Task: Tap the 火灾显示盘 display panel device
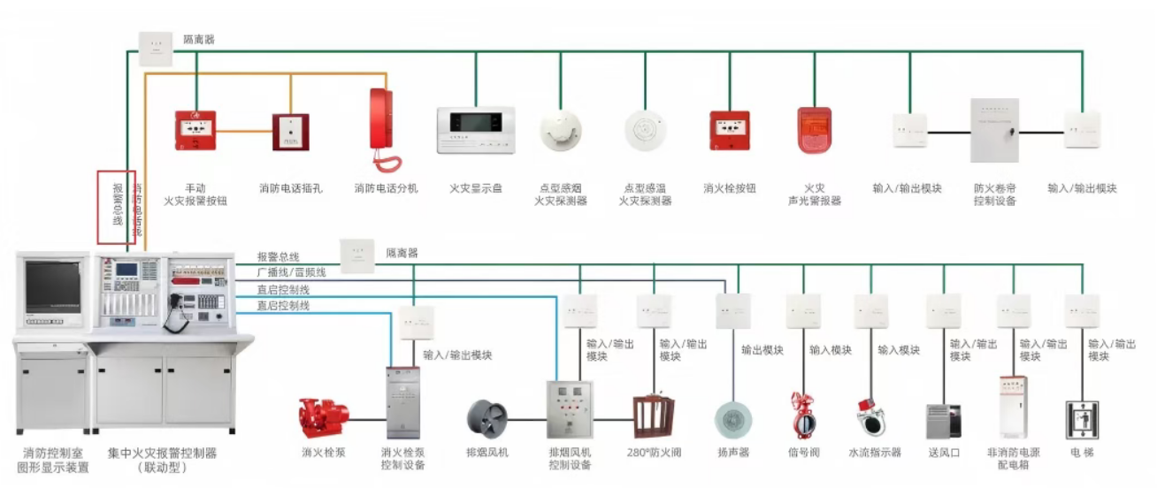(476, 130)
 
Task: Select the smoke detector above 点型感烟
(561, 130)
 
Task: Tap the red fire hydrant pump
(322, 417)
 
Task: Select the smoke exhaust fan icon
(487, 418)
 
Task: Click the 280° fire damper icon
(654, 416)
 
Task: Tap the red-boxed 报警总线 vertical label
(116, 207)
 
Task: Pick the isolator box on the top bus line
(156, 50)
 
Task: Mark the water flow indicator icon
(870, 417)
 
